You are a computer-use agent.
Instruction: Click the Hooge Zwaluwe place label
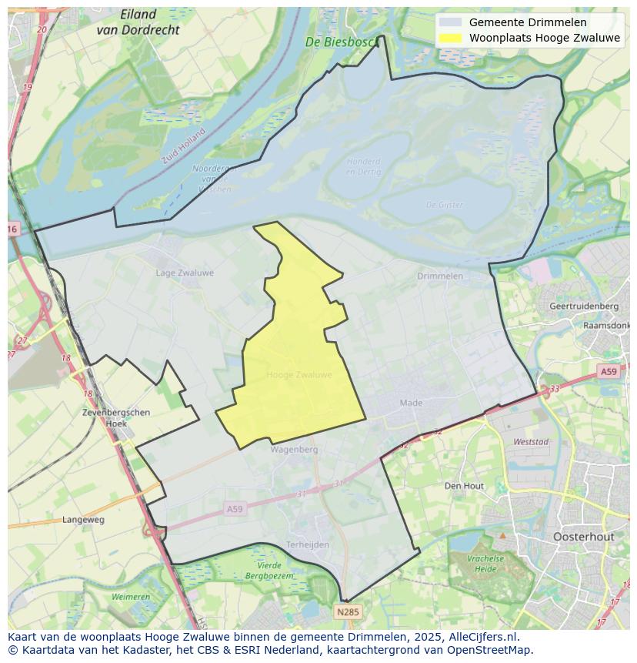coord(299,375)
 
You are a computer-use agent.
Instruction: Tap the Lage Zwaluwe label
coord(185,273)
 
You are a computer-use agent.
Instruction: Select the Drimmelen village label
coord(440,276)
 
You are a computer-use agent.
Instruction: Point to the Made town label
coord(411,403)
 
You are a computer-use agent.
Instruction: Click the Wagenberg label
coord(294,449)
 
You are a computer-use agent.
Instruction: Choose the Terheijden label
coord(307,544)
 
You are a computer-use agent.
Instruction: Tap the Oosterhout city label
coord(583,537)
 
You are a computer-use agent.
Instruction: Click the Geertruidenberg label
coord(584,306)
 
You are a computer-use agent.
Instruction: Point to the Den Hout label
coord(464,486)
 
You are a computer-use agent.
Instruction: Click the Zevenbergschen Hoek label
coord(116,417)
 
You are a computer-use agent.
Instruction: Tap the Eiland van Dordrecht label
coord(138,22)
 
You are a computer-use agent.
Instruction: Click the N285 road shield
coord(348,612)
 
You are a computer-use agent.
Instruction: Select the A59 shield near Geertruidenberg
coord(609,372)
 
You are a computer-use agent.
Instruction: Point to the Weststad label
coord(531,442)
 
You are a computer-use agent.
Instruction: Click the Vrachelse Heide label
coord(485,564)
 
